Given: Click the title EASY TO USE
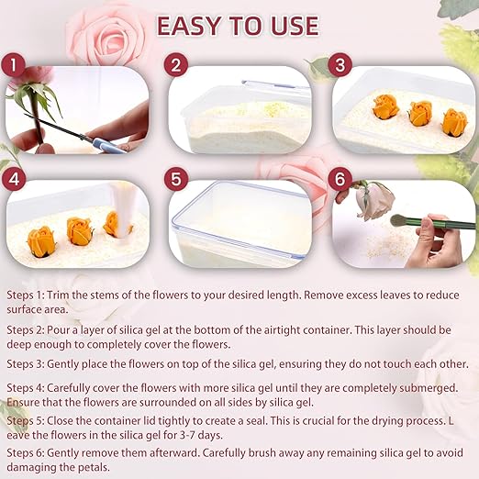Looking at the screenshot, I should click(x=239, y=25).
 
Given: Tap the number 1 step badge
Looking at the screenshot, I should click(x=12, y=65).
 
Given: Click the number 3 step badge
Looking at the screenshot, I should click(x=340, y=65).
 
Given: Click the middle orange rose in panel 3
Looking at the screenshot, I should click(x=420, y=114).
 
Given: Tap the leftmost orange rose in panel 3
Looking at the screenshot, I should click(x=387, y=108).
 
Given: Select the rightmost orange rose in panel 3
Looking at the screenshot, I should click(x=453, y=121).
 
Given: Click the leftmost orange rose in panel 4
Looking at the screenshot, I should click(x=41, y=242).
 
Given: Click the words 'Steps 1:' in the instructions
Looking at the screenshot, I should click(x=28, y=295).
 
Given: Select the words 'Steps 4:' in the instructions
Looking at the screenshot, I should click(x=29, y=387).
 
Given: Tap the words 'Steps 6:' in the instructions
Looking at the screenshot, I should click(x=29, y=452).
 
